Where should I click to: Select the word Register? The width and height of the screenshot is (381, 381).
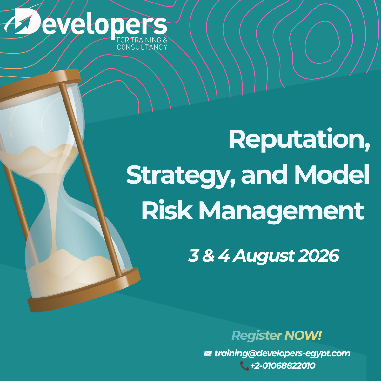(257, 336)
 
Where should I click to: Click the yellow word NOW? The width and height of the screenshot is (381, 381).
(303, 335)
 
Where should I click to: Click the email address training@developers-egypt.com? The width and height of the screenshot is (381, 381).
(282, 354)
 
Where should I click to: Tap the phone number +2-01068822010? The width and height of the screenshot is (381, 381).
(283, 365)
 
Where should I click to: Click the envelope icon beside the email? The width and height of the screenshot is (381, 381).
(207, 353)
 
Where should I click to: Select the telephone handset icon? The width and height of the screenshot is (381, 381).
(244, 365)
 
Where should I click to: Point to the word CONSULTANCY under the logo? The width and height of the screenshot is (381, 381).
(142, 47)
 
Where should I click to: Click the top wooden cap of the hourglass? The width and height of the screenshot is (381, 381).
(40, 85)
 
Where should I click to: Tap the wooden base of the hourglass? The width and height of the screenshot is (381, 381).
(84, 290)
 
